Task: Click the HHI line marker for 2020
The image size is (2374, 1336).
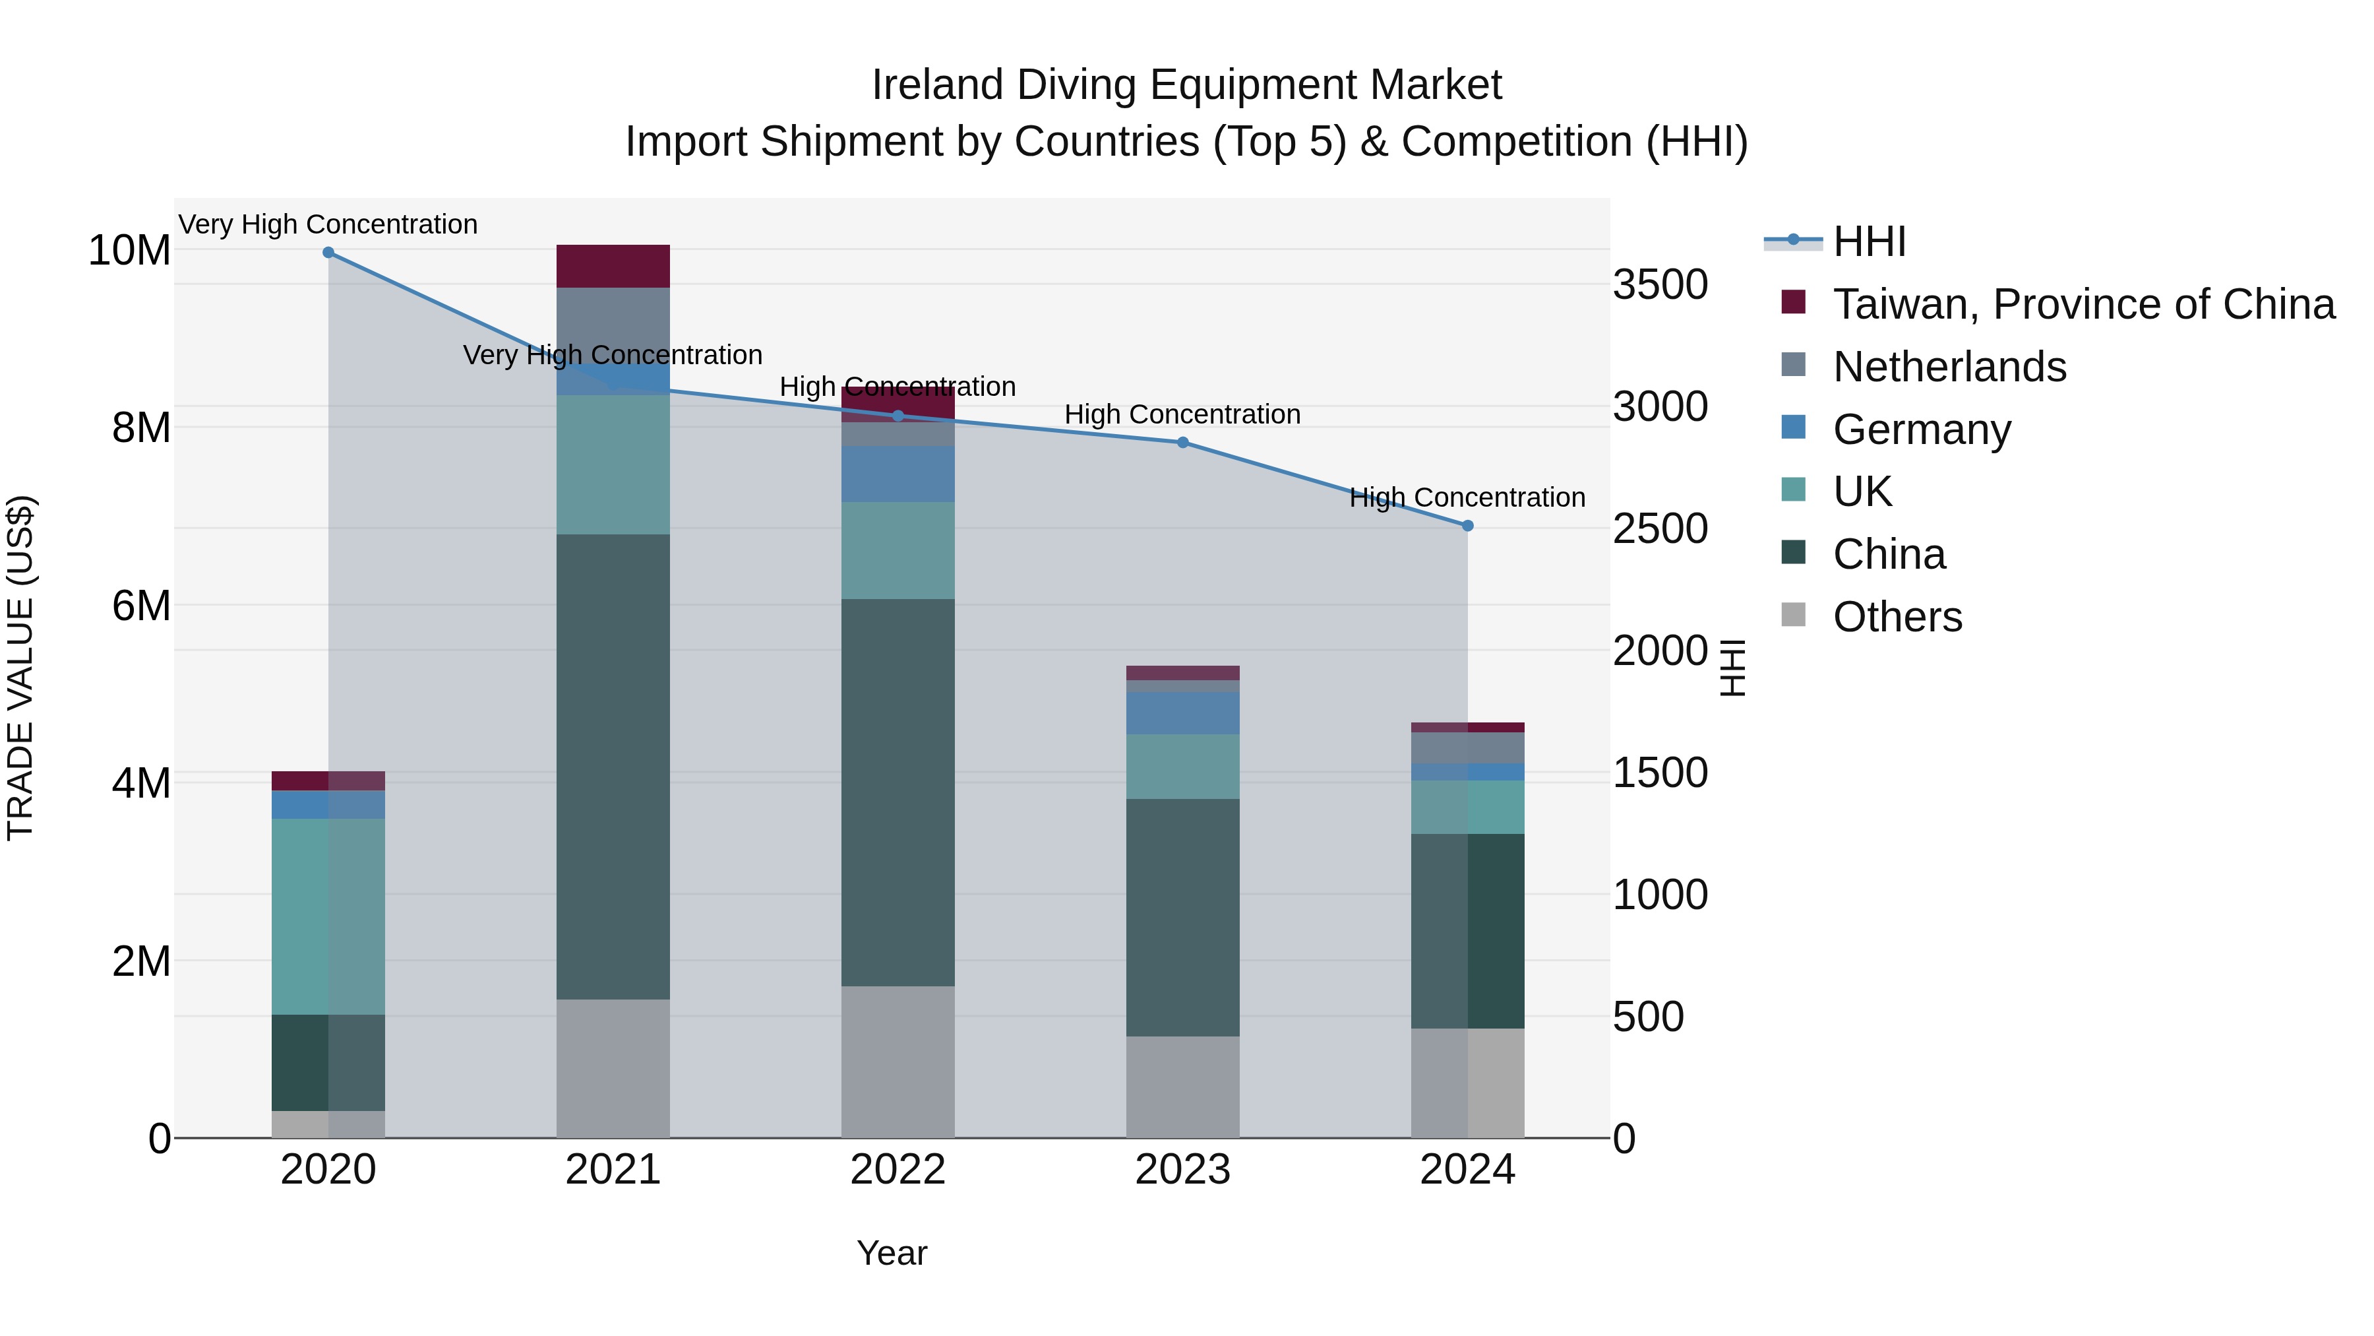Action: (328, 253)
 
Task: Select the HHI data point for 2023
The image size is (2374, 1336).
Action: (1182, 443)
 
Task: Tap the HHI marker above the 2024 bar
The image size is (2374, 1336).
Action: (1467, 526)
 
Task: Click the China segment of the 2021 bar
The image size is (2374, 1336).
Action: (613, 765)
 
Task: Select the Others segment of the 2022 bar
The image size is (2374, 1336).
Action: (898, 1060)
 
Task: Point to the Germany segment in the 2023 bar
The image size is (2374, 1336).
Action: (1182, 713)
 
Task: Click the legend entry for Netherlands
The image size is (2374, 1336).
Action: (1949, 367)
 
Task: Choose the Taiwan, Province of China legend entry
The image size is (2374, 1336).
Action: (2083, 304)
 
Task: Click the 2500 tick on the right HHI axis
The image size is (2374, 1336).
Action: (1660, 529)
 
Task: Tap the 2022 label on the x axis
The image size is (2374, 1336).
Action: (898, 1169)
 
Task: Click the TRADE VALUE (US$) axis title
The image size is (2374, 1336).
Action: (20, 668)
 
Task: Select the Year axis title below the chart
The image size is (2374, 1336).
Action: (891, 1253)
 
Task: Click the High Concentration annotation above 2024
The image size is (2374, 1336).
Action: (1467, 498)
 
